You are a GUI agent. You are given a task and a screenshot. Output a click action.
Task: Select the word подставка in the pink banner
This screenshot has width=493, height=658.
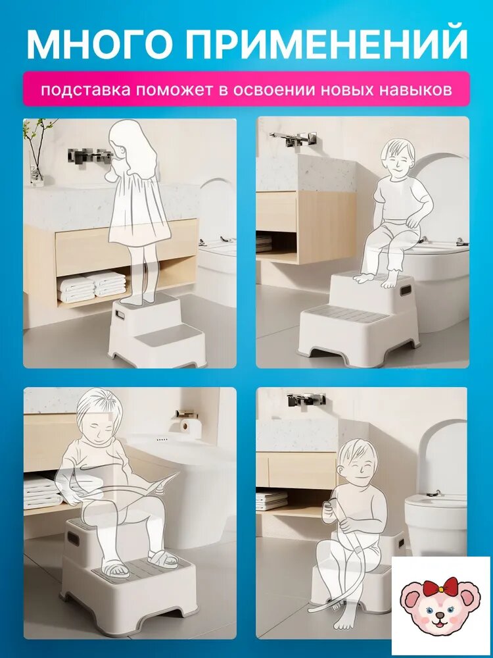(x=85, y=90)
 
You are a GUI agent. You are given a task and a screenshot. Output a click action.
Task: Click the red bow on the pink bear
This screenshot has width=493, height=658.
(x=440, y=588)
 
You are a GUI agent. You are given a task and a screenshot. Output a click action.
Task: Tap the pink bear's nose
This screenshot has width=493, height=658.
(x=439, y=615)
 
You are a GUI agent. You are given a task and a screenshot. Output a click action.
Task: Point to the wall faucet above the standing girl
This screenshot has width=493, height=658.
(x=90, y=156)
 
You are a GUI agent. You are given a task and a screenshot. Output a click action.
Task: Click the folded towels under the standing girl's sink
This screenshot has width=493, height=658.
(x=92, y=287)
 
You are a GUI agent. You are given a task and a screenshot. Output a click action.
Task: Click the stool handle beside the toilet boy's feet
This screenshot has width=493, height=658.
(x=405, y=290)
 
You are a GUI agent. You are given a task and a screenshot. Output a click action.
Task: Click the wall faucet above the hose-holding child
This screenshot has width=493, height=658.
(x=306, y=399)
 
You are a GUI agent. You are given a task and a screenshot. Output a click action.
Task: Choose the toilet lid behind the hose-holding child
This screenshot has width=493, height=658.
(x=442, y=457)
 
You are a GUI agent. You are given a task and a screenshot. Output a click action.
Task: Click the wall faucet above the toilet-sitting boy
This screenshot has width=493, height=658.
(x=293, y=138)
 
